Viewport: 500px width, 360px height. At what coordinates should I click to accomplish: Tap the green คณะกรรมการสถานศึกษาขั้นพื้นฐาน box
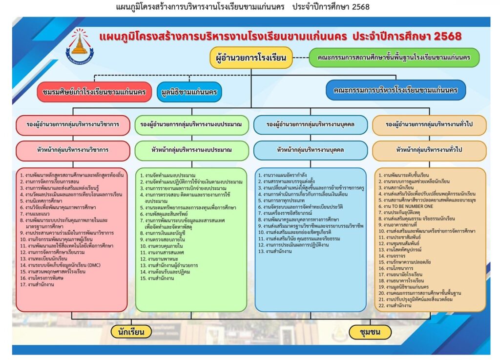[x=394, y=58]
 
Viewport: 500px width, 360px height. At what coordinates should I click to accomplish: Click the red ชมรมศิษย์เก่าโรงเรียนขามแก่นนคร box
[x=95, y=92]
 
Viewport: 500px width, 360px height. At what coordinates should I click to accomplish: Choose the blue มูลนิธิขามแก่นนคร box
[x=189, y=92]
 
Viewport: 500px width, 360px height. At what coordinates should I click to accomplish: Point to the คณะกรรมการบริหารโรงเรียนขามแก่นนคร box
[x=396, y=90]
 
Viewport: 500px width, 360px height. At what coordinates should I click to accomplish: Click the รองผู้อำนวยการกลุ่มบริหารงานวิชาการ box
[x=73, y=125]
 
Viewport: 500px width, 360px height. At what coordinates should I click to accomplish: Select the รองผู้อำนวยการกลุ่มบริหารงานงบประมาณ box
[x=190, y=125]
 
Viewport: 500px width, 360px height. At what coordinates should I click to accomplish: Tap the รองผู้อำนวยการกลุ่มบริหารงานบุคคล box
[x=310, y=125]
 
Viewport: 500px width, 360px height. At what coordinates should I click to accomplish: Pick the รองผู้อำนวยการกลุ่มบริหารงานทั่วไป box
[x=429, y=125]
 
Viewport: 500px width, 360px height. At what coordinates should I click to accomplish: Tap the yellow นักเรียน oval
[x=131, y=332]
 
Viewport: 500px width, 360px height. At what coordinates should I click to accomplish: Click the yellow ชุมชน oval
[x=370, y=332]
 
